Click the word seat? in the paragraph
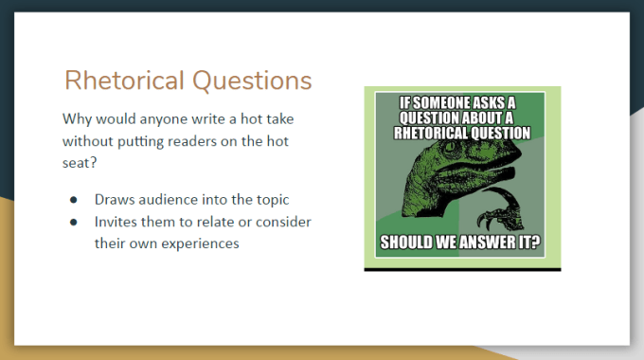coord(81,162)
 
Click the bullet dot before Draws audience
coord(74,201)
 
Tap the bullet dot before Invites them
coord(74,222)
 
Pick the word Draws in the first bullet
coord(114,201)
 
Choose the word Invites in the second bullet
coord(118,222)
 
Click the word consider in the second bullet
coord(285,222)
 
